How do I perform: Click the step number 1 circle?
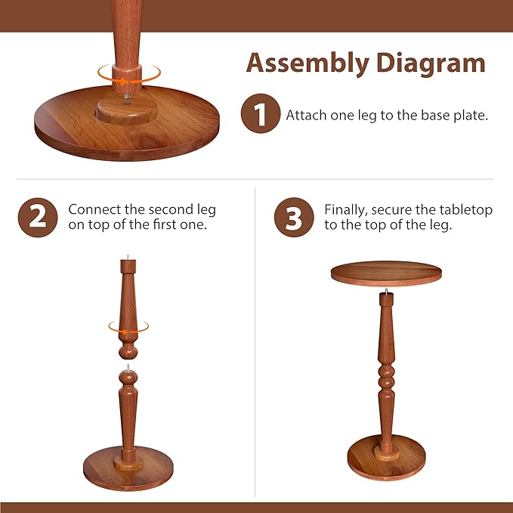[259, 116]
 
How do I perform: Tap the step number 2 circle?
[37, 218]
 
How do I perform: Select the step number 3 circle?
[293, 218]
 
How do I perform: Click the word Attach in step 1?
[304, 116]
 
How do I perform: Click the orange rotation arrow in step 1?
[128, 73]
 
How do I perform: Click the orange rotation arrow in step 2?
[128, 327]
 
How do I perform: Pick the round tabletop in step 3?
[385, 273]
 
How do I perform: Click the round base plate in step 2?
[128, 468]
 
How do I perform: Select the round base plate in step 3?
[386, 459]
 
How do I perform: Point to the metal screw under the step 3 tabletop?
[386, 290]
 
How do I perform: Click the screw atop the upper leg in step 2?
[128, 258]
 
